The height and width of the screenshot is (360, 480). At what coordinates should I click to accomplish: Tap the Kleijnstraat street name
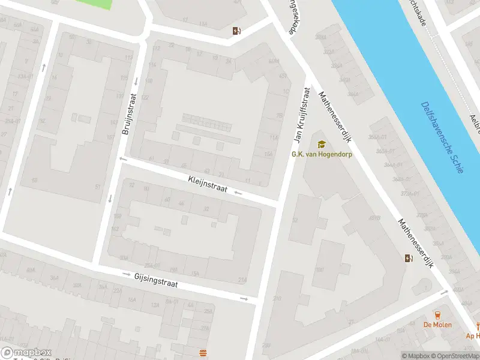tap(208, 184)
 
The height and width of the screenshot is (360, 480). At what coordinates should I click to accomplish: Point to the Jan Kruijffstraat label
tap(301, 115)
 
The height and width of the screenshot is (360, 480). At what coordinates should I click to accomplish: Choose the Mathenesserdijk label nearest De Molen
tap(415, 243)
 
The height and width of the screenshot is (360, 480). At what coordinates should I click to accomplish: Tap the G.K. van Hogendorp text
tap(322, 154)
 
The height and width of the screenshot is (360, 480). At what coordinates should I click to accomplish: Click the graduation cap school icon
tap(322, 145)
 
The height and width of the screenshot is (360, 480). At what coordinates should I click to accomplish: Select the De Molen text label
tap(437, 325)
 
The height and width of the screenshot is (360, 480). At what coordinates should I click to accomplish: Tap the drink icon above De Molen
tap(437, 315)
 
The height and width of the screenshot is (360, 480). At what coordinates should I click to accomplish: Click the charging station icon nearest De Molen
tap(409, 259)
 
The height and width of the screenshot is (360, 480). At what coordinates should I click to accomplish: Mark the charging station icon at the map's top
tap(238, 31)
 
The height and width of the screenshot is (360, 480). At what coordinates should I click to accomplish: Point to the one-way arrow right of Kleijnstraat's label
tap(238, 193)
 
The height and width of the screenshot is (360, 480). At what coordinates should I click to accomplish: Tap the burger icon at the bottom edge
tap(203, 352)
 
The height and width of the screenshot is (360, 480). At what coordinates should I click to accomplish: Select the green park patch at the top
tap(94, 4)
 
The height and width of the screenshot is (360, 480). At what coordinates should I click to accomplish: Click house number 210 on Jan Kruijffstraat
tap(277, 298)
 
